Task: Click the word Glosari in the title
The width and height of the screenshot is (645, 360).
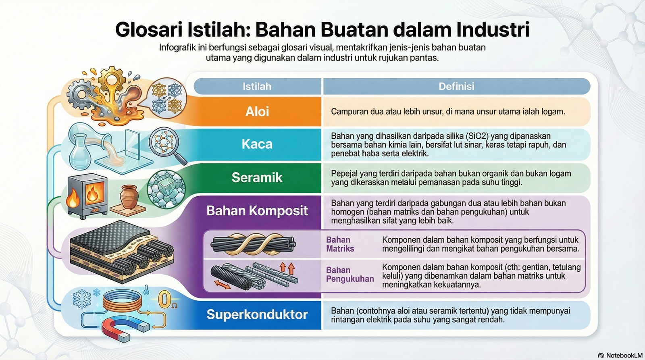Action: (x=149, y=29)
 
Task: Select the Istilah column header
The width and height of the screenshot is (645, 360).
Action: (x=257, y=86)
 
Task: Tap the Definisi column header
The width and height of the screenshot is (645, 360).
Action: (x=456, y=86)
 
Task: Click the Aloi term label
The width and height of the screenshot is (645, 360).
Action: (x=257, y=111)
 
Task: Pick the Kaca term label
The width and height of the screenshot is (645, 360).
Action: (x=257, y=144)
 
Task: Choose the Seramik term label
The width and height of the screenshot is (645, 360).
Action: (x=257, y=177)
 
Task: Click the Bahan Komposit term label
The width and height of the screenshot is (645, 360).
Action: (x=257, y=211)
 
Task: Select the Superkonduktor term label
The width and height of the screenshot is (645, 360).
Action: (x=257, y=314)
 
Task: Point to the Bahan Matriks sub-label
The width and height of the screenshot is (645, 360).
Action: (x=340, y=244)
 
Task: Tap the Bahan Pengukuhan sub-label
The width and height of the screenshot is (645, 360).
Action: (x=350, y=274)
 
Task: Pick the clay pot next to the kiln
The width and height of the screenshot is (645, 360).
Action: (x=129, y=196)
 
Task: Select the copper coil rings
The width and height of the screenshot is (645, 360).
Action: (x=123, y=300)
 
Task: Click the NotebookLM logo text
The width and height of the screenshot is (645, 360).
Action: (x=624, y=356)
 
